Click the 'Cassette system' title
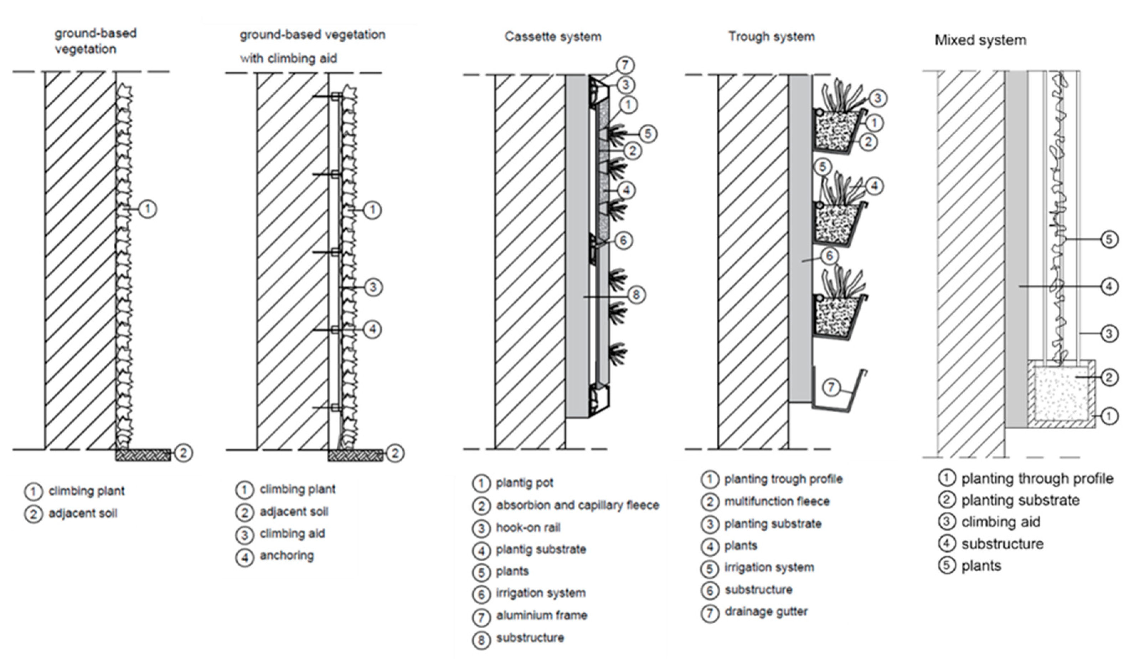click(x=553, y=36)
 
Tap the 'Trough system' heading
click(x=771, y=36)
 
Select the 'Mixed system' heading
click(x=980, y=40)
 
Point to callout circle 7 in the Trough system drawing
click(x=831, y=387)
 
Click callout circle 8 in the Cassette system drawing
click(x=636, y=295)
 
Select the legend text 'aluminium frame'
click(x=542, y=615)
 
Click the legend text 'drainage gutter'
click(x=766, y=612)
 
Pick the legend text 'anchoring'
click(x=287, y=556)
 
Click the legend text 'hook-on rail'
click(x=528, y=527)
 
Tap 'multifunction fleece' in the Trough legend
click(x=777, y=501)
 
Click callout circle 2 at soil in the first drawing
click(x=183, y=453)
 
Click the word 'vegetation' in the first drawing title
click(x=86, y=49)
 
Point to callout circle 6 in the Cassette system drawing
click(x=623, y=240)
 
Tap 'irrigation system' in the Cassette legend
click(x=541, y=593)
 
